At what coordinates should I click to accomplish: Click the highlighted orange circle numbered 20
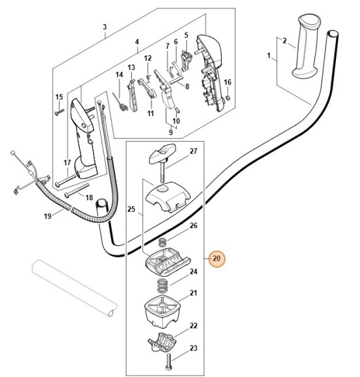(x=216, y=259)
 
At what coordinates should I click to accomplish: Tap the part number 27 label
(x=194, y=151)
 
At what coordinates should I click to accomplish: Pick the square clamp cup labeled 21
(x=162, y=311)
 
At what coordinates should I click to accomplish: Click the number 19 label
(x=47, y=216)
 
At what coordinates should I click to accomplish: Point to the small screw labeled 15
(x=59, y=112)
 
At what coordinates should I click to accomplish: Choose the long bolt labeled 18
(x=77, y=190)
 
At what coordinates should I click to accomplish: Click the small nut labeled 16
(x=229, y=97)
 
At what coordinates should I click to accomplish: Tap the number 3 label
(x=105, y=27)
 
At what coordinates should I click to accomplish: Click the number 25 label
(x=131, y=209)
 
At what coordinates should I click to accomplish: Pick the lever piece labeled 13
(x=131, y=96)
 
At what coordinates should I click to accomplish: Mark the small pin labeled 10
(x=178, y=110)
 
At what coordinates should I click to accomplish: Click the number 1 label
(x=269, y=56)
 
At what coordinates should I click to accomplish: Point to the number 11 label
(x=151, y=113)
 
